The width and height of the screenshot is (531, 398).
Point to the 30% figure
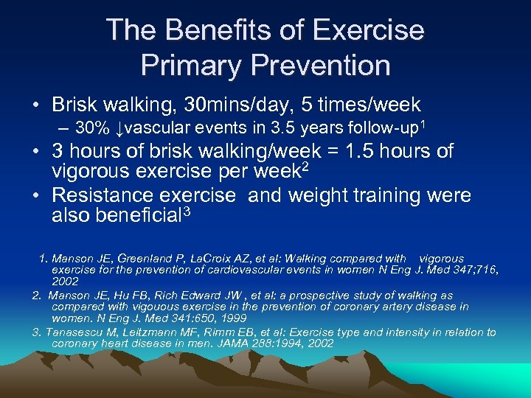click(x=93, y=128)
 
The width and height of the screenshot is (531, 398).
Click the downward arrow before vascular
click(x=119, y=129)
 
